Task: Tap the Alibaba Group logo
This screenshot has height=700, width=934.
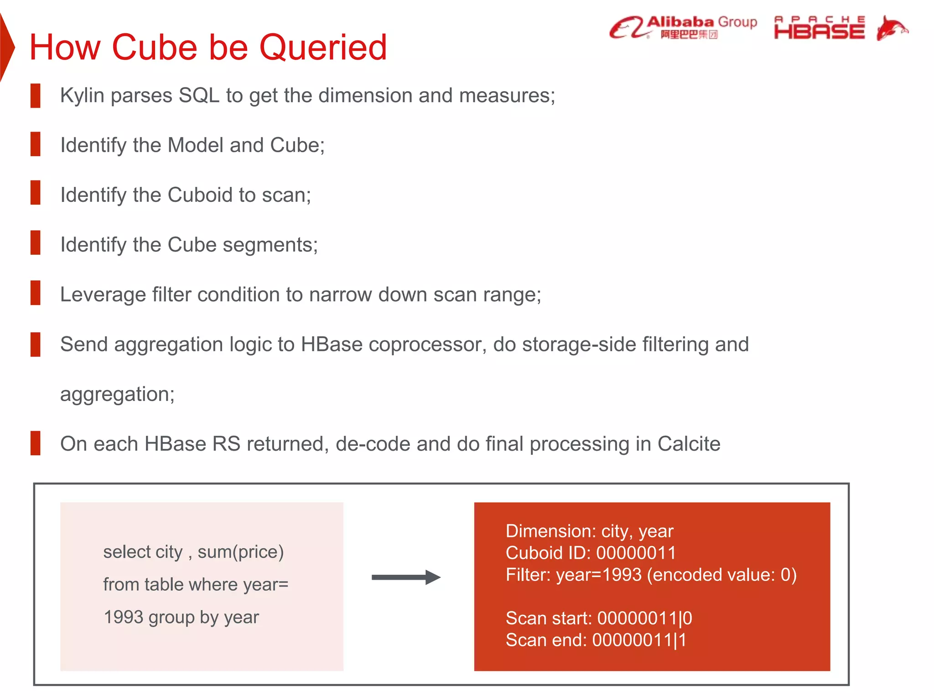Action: (683, 27)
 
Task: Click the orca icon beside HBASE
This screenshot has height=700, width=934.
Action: (891, 28)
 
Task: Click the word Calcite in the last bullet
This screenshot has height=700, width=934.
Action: (689, 444)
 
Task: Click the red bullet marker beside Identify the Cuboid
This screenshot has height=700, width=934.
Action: (35, 192)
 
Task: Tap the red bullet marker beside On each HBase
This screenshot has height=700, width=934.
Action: (35, 443)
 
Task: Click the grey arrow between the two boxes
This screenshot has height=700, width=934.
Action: (405, 577)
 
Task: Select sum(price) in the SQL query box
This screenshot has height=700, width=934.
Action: (240, 552)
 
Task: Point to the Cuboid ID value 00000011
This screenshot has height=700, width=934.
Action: (636, 553)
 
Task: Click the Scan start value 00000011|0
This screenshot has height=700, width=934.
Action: (644, 618)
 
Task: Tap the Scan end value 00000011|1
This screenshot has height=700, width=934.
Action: (639, 640)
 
